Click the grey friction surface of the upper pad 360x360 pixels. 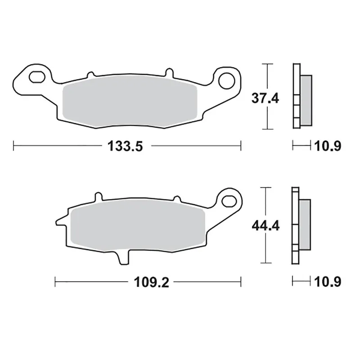pyautogui.click(x=130, y=103)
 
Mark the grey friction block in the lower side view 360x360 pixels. pyautogui.click(x=305, y=224)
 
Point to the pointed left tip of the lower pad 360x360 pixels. pyautogui.click(x=57, y=221)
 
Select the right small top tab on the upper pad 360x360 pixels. pyautogui.click(x=168, y=72)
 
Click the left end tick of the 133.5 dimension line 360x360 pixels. pyautogui.click(x=14, y=146)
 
